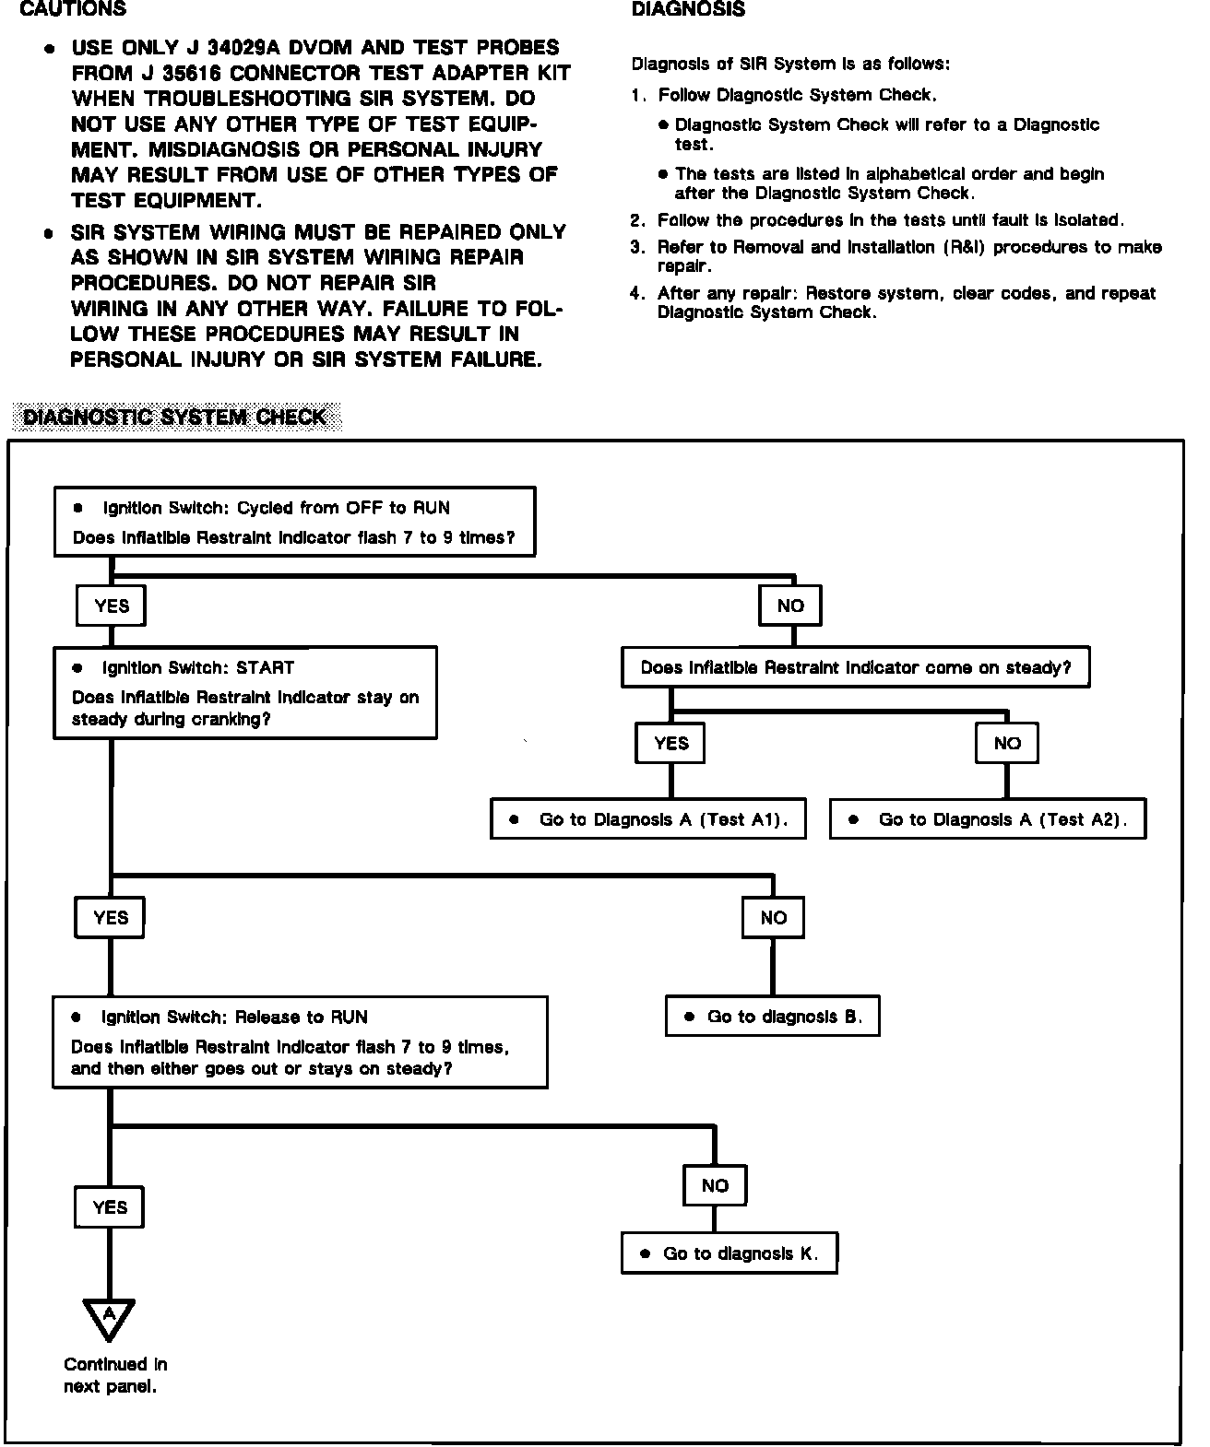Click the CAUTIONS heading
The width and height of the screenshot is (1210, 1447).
(73, 10)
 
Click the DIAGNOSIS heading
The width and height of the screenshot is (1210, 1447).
(688, 10)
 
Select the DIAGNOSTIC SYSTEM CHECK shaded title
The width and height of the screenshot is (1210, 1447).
(175, 418)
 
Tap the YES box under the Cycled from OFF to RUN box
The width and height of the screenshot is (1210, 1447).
(112, 606)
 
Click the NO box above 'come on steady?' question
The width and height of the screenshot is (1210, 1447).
(790, 606)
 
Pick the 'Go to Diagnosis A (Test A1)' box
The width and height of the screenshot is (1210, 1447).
(647, 819)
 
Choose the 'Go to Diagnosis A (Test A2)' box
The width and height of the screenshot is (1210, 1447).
(987, 819)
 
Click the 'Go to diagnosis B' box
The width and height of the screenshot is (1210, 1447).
(772, 1017)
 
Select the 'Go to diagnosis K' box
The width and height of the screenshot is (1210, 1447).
(729, 1253)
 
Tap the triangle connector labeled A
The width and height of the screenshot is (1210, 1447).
(109, 1315)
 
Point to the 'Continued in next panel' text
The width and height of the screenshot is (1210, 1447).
(114, 1375)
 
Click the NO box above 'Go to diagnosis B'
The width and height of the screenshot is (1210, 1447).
(773, 917)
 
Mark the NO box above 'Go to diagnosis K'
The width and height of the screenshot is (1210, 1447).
(715, 1186)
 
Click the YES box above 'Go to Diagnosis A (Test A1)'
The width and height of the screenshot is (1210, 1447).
(670, 743)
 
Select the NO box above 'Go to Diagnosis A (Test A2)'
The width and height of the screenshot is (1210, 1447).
(1006, 743)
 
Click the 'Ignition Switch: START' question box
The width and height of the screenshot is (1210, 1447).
(245, 693)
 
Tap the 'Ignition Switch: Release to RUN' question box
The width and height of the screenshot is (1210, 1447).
(300, 1042)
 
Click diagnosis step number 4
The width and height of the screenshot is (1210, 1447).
(637, 294)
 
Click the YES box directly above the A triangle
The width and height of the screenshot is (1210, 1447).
(110, 1207)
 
